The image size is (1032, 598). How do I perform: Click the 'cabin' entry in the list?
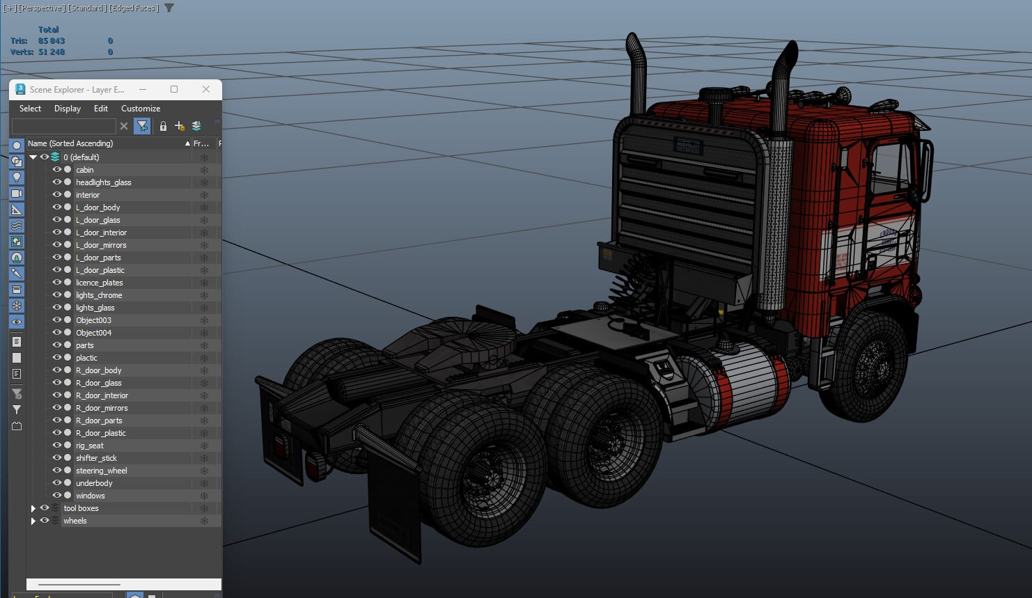pos(84,170)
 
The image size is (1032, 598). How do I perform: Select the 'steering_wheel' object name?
pos(101,471)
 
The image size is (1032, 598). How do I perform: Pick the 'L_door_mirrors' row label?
pos(101,245)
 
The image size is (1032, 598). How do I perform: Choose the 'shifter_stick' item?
pos(96,458)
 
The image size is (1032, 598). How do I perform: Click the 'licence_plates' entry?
pos(99,283)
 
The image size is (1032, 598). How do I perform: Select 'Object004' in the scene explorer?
pos(93,333)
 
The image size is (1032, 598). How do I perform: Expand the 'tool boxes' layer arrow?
pos(33,508)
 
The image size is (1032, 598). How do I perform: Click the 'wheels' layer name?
pos(75,521)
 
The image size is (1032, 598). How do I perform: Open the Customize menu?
pos(141,109)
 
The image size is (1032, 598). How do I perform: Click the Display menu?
pos(68,109)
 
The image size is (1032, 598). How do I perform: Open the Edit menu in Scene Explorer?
pos(101,109)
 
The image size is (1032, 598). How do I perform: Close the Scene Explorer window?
pos(205,89)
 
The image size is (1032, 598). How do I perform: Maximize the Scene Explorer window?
pos(174,89)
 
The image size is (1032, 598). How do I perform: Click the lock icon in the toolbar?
pos(163,126)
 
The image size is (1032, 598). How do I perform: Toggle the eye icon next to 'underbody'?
pos(57,483)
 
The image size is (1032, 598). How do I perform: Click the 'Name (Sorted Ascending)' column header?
pos(70,143)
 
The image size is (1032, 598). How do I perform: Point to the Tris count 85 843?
pos(52,41)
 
